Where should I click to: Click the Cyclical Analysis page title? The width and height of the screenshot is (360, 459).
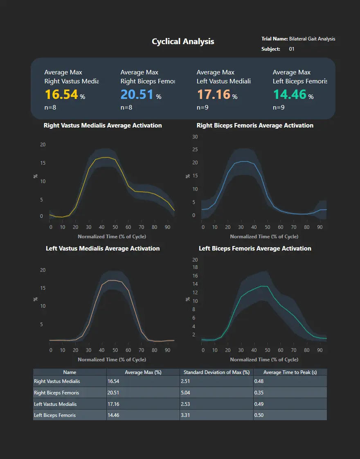(183, 41)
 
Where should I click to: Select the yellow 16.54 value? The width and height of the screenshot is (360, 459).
(61, 94)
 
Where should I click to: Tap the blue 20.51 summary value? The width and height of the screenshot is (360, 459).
(137, 94)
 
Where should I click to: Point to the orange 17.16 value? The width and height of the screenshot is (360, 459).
(213, 94)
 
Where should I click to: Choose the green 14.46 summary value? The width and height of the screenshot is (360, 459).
(289, 94)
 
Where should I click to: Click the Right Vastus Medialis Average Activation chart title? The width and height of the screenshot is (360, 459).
(103, 125)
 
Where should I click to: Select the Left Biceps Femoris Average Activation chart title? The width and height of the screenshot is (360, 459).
(255, 249)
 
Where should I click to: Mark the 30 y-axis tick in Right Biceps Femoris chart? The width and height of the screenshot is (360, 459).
(195, 137)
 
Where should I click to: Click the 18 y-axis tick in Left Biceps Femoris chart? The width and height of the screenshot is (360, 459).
(195, 267)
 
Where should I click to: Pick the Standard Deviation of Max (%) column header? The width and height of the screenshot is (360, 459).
(216, 372)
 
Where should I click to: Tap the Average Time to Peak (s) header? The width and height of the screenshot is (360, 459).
(290, 372)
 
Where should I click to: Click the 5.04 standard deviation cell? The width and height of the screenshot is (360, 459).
(186, 393)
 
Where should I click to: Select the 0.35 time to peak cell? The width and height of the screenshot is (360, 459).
(259, 393)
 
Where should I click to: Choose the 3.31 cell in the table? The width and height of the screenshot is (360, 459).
(186, 415)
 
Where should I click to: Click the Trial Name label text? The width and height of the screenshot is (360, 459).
(274, 39)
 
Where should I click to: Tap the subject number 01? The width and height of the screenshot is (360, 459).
(292, 49)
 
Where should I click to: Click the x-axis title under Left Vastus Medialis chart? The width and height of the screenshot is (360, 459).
(112, 360)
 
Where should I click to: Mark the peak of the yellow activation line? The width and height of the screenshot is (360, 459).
(105, 157)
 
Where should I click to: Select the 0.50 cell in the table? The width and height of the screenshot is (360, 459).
(259, 415)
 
